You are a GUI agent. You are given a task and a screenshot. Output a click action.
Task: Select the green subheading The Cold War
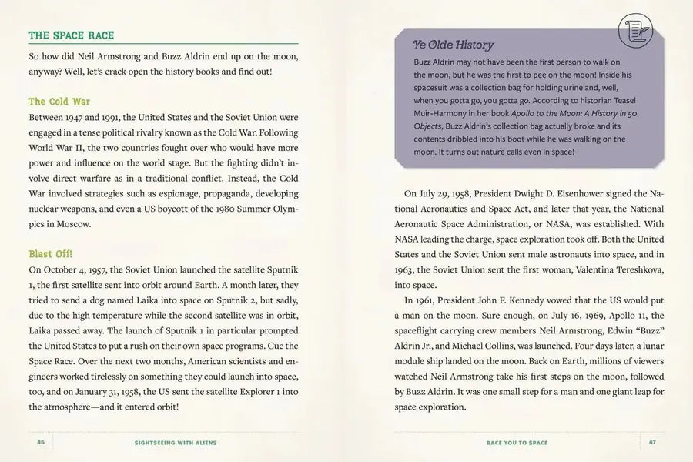(x=59, y=101)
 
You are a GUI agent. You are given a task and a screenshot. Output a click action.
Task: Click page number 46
(x=41, y=443)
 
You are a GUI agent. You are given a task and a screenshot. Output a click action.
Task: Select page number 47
(x=651, y=443)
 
